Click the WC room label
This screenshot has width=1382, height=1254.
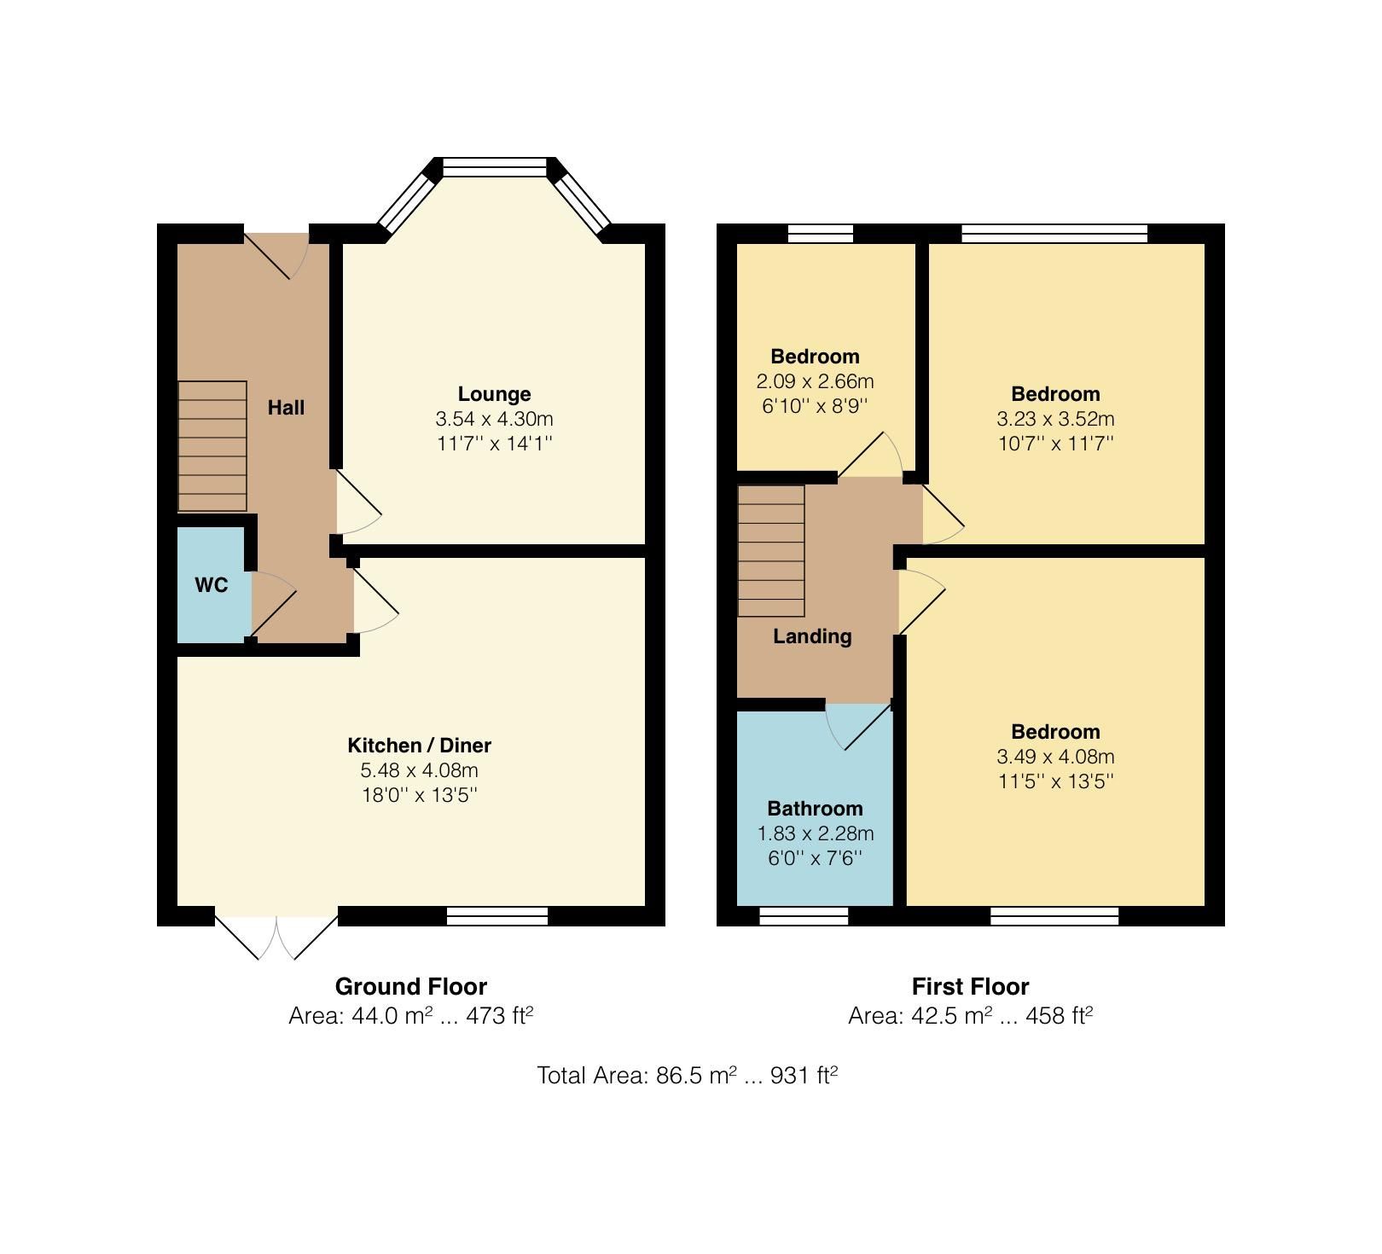point(211,585)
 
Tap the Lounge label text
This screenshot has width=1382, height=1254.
point(494,394)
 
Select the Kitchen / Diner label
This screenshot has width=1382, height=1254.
point(419,746)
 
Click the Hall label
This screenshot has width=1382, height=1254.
point(286,408)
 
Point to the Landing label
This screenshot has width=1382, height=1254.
point(812,636)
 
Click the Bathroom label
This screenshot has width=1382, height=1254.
point(815,809)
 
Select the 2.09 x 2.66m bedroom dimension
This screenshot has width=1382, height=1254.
point(815,381)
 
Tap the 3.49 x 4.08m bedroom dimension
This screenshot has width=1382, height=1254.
point(1055,757)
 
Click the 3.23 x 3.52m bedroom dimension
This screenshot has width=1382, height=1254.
point(1055,419)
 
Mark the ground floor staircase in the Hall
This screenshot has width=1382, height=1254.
point(212,446)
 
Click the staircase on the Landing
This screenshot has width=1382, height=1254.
point(771,551)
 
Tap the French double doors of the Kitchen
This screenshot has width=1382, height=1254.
point(276,937)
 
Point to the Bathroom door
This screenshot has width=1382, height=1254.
point(860,725)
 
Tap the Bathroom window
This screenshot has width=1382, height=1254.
point(804,916)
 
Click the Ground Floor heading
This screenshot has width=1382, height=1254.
point(410,987)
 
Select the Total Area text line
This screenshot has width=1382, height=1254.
point(687,1076)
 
